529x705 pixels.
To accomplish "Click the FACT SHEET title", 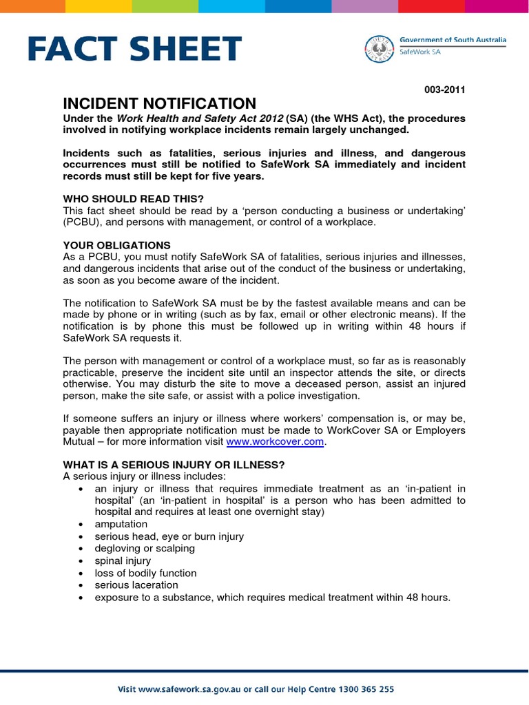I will [x=135, y=50].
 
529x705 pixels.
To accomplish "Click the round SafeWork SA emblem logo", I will [x=380, y=49].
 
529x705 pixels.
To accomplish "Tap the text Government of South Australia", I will [x=453, y=41].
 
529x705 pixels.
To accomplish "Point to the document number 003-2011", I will [x=446, y=90].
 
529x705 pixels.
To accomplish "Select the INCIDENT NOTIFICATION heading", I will [x=159, y=104].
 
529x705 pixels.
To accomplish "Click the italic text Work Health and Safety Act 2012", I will [x=200, y=118].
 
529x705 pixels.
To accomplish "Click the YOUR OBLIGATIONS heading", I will [x=116, y=245].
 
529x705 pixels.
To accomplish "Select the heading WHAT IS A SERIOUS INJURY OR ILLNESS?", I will [x=174, y=464].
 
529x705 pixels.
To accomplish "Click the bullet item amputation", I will [x=121, y=524].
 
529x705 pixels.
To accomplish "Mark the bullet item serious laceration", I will [x=136, y=585].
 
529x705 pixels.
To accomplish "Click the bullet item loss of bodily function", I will [x=145, y=573].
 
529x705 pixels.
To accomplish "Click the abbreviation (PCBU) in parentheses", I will [x=81, y=222].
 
